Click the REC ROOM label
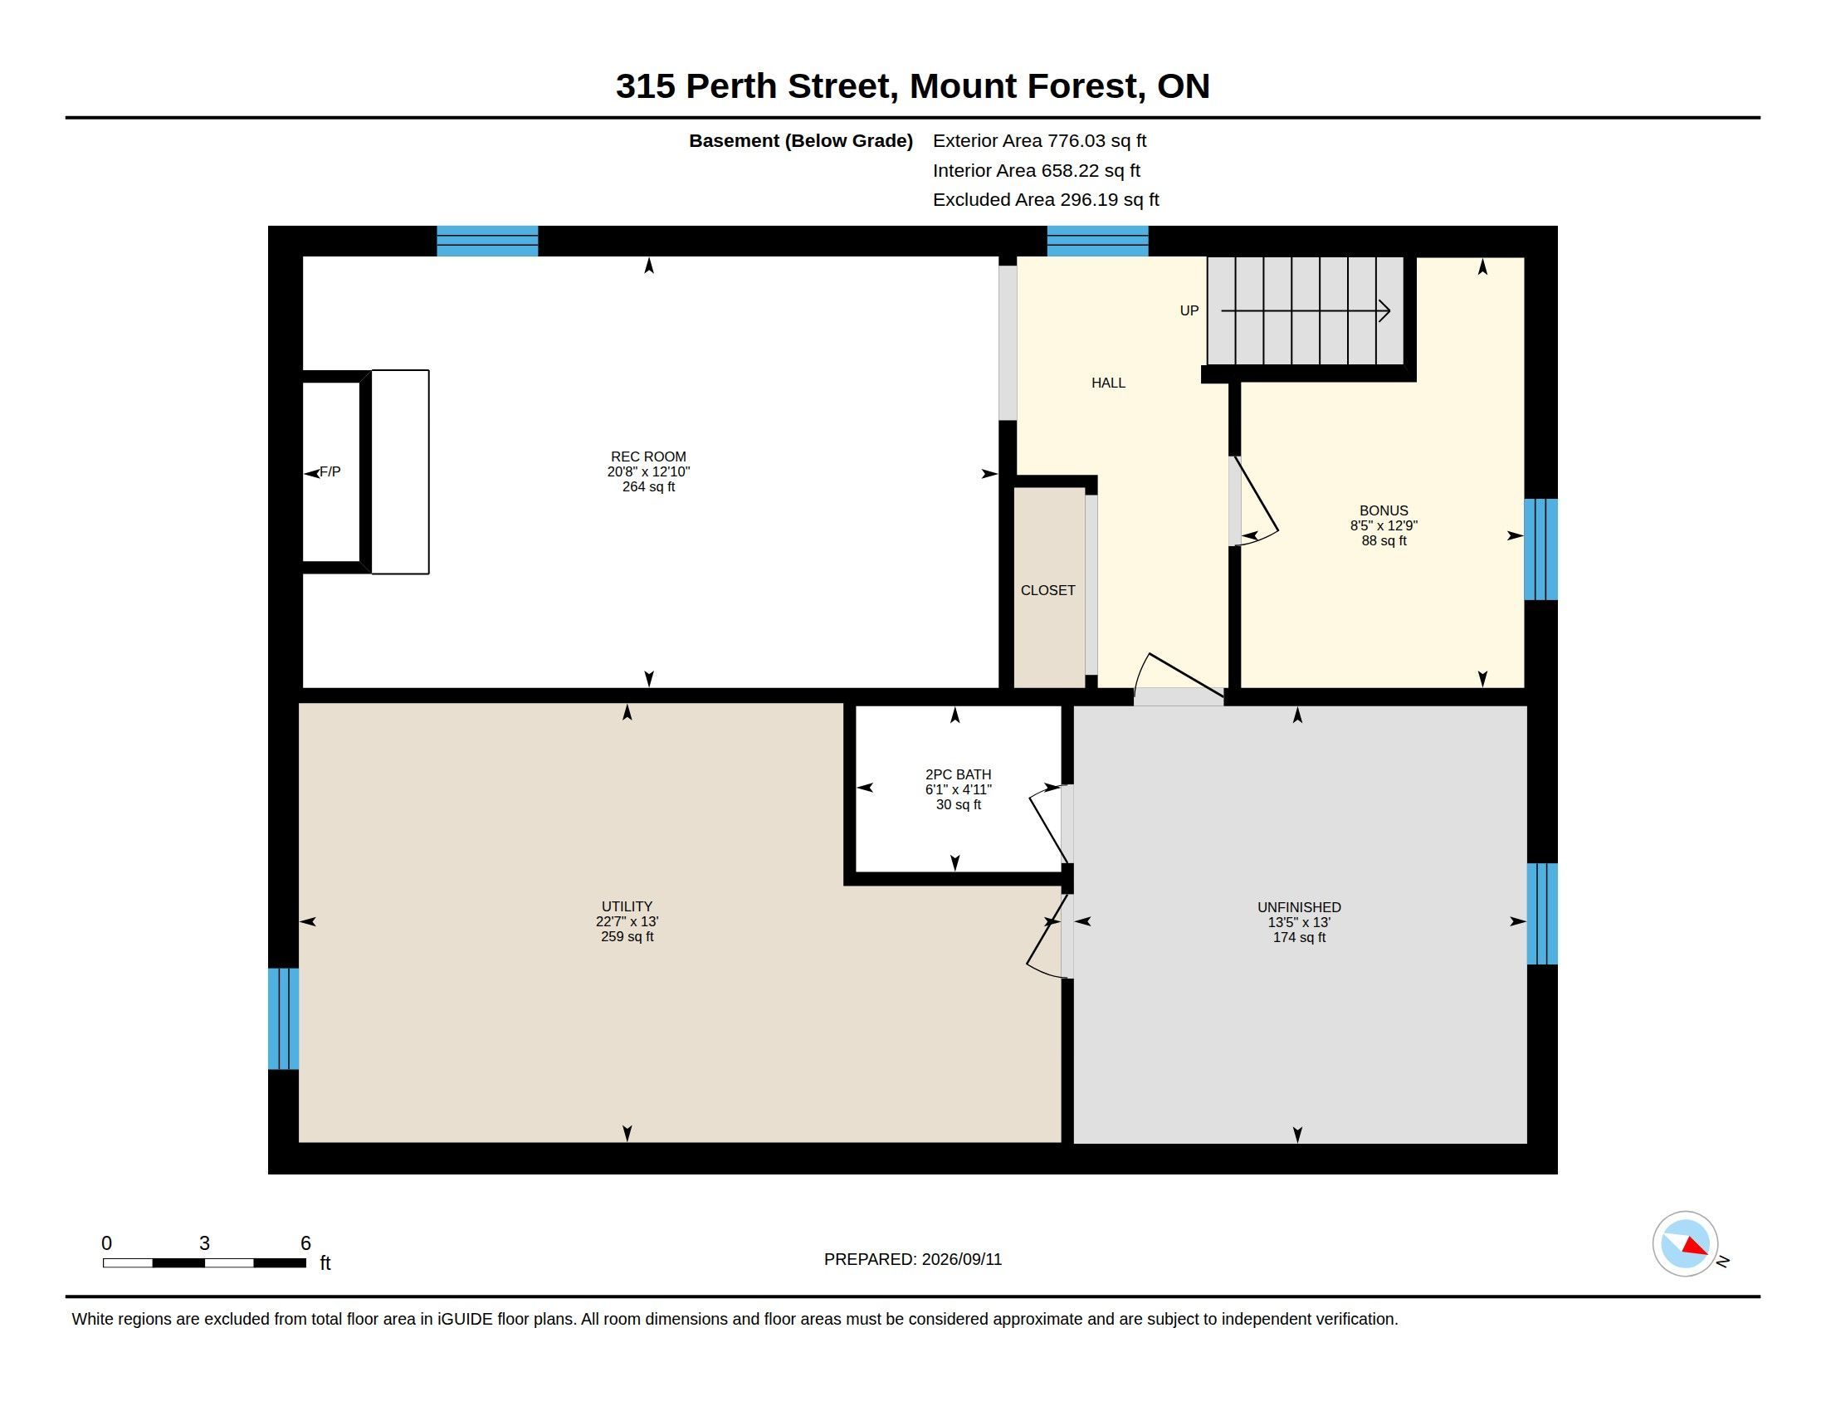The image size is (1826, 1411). (x=648, y=456)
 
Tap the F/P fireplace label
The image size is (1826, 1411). (x=330, y=471)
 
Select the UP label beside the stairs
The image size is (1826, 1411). (x=1189, y=311)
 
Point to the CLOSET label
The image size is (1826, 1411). (x=1047, y=590)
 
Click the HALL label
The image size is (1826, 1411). (x=1109, y=383)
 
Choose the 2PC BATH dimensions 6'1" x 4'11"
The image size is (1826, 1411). (x=958, y=789)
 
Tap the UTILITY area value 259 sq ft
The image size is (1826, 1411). (x=627, y=936)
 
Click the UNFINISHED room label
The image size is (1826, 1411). (x=1299, y=907)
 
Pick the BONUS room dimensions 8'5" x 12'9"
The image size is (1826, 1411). (x=1384, y=525)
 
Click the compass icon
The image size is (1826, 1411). (x=1685, y=1244)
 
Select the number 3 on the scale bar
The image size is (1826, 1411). (x=204, y=1243)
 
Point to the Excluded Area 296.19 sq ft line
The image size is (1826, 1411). (x=1046, y=200)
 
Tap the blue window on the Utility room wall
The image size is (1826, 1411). (x=283, y=1018)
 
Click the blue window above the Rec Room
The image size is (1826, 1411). (x=487, y=241)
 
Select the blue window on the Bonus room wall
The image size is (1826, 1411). (x=1541, y=549)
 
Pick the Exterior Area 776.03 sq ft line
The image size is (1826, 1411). (x=1039, y=141)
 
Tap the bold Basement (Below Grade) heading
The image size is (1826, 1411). (x=801, y=141)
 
